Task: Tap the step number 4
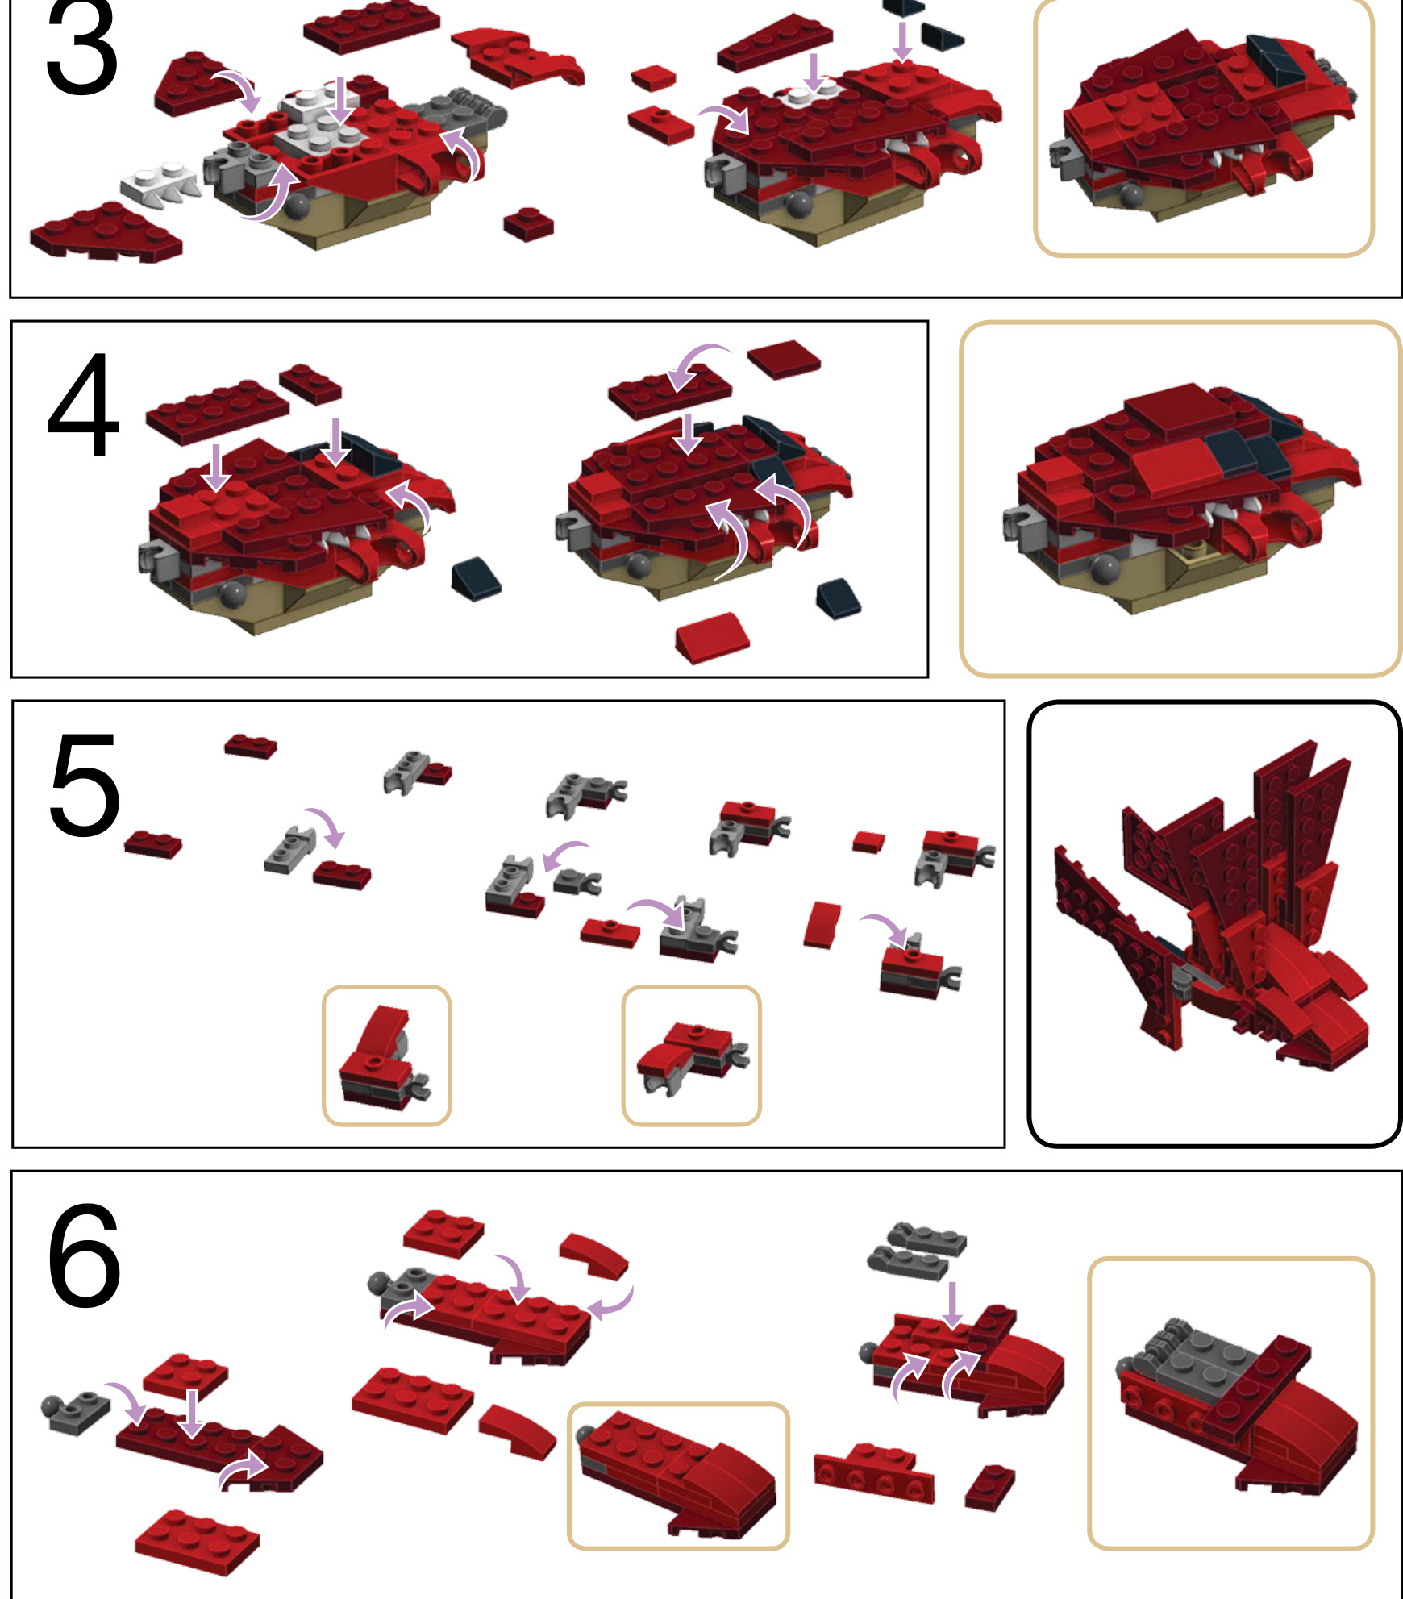pyautogui.click(x=83, y=406)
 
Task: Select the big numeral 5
pyautogui.click(x=85, y=785)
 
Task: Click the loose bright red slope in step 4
pyautogui.click(x=713, y=637)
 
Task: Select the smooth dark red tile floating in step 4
pyautogui.click(x=784, y=359)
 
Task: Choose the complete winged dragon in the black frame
pyautogui.click(x=1209, y=907)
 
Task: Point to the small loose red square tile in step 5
pyautogui.click(x=868, y=842)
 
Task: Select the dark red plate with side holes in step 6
pyautogui.click(x=874, y=1472)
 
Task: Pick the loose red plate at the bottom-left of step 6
pyautogui.click(x=198, y=1542)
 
